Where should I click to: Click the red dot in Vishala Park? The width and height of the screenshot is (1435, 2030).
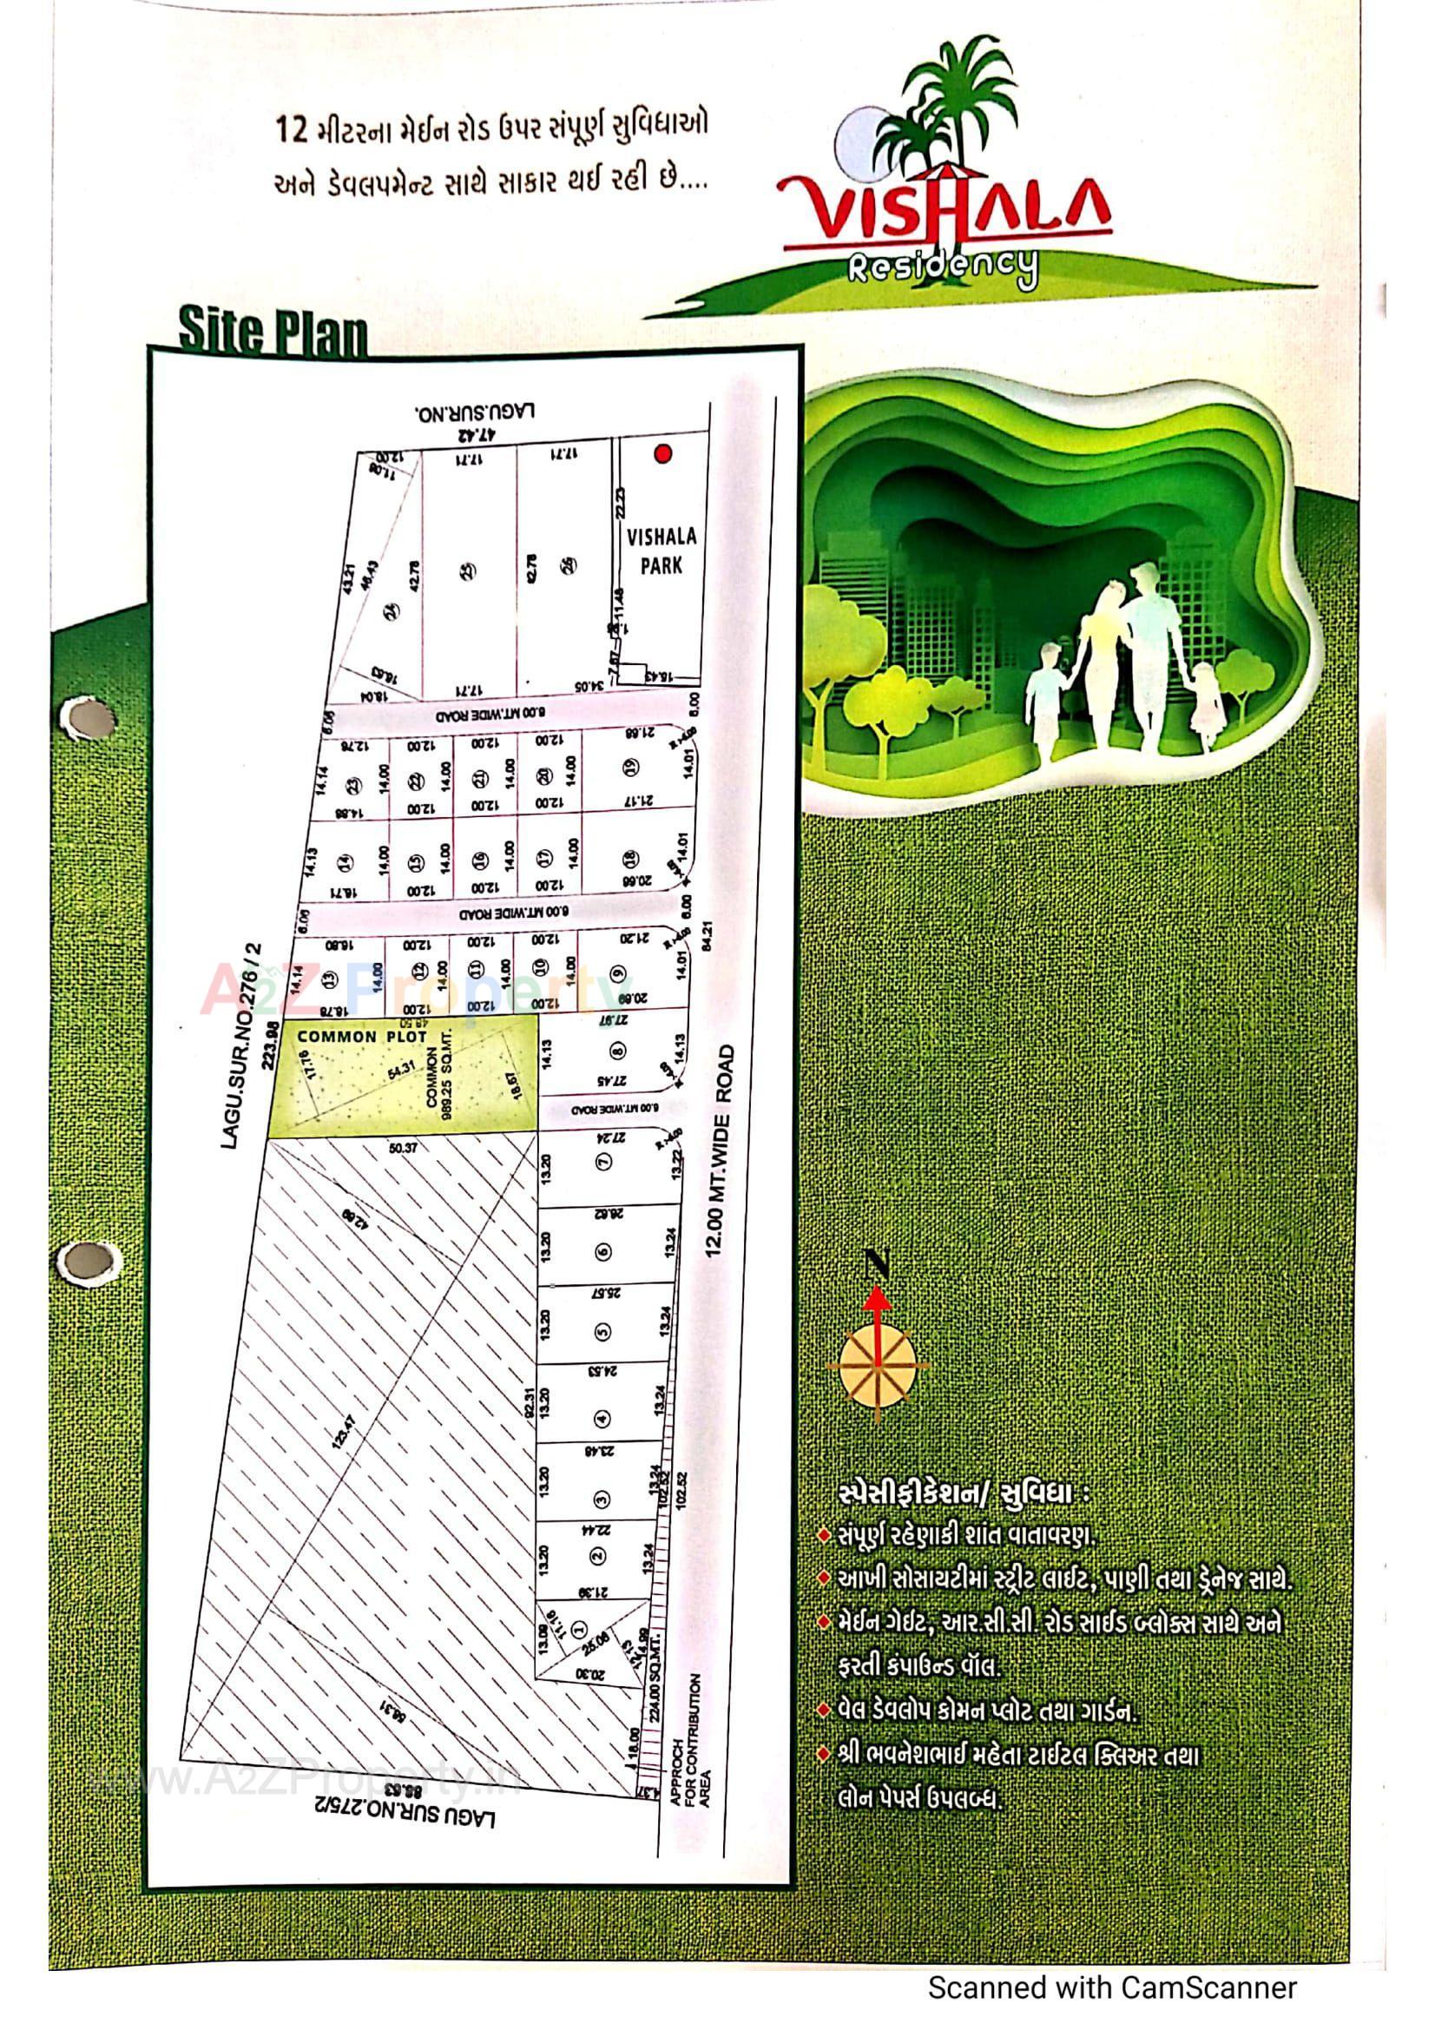[662, 454]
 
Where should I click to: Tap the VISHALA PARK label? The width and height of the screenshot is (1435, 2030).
[662, 550]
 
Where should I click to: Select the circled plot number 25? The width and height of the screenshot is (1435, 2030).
[469, 571]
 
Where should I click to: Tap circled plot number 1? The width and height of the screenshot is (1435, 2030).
[580, 1628]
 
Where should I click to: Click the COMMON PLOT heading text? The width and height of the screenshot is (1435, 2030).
[362, 1036]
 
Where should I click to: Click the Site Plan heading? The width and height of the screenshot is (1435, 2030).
[273, 331]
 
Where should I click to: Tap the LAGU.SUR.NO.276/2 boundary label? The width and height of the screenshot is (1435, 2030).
[242, 1046]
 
